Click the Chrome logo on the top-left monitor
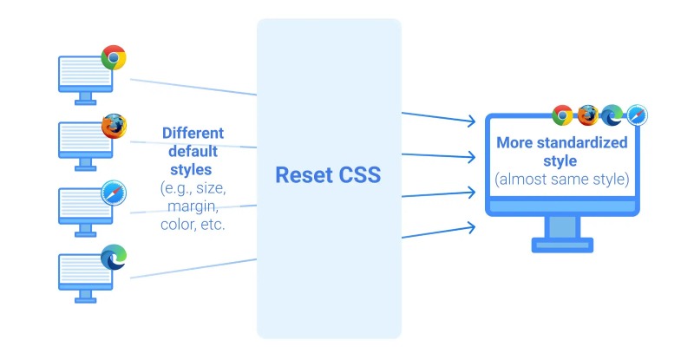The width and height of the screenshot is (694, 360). [113, 57]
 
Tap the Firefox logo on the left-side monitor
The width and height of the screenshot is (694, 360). [114, 126]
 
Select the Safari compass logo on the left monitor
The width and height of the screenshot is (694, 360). [114, 193]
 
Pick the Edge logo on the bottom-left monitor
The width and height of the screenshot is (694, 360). [114, 258]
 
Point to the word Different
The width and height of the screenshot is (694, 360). [193, 134]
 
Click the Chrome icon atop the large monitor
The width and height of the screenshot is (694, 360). [562, 115]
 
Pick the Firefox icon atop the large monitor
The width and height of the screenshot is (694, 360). [587, 115]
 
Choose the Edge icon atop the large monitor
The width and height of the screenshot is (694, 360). [612, 115]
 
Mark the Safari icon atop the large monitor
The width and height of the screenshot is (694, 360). [638, 115]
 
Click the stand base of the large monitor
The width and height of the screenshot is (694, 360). [562, 245]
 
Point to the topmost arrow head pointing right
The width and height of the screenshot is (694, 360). [470, 120]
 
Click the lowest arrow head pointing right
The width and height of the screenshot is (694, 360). [470, 227]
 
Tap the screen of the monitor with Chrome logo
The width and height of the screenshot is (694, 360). [84, 73]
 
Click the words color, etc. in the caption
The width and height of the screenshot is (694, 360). [193, 224]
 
